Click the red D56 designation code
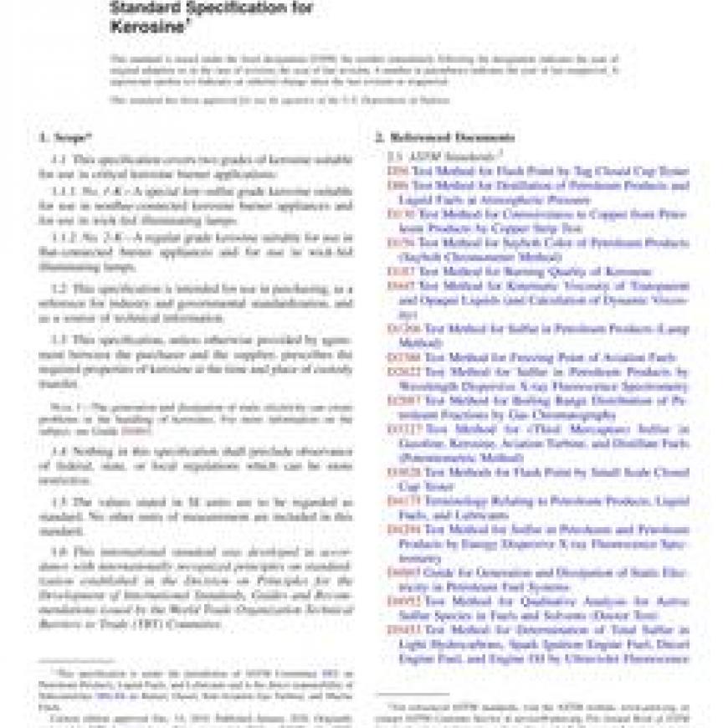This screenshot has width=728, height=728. coord(397,171)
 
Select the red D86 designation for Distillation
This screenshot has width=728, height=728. coord(397,185)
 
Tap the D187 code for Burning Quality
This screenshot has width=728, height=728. coord(400,272)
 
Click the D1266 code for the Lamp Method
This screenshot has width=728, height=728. coord(403,330)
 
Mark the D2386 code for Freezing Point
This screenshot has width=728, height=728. coord(403,358)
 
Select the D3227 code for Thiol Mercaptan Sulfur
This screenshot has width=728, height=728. coord(403,430)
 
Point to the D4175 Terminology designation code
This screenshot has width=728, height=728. coord(403,501)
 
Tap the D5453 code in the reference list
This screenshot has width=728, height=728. coord(403,629)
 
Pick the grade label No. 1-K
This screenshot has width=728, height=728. coord(93,192)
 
